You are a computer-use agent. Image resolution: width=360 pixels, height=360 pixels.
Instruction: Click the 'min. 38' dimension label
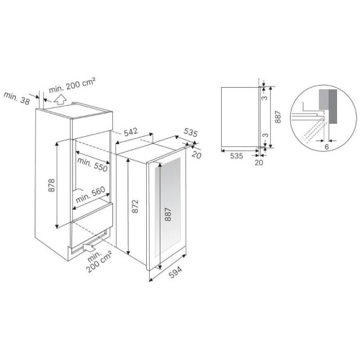click(x=17, y=98)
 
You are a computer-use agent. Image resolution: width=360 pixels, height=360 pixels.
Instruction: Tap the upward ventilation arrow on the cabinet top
click(x=60, y=99)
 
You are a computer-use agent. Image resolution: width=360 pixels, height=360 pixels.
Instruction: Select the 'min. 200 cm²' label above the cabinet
click(x=72, y=85)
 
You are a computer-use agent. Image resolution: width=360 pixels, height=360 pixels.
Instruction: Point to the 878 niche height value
click(x=52, y=185)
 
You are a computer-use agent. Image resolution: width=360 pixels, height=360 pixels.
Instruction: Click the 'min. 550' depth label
click(x=92, y=165)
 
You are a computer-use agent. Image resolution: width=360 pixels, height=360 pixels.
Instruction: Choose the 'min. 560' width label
click(x=91, y=194)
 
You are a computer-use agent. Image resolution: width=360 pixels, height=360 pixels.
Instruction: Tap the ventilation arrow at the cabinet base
click(x=88, y=248)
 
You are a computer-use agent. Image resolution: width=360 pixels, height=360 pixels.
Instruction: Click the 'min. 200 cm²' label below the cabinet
click(x=99, y=261)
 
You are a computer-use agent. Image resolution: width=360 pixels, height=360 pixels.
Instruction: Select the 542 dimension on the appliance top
click(x=130, y=132)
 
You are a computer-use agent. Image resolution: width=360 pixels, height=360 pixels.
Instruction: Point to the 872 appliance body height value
click(x=135, y=206)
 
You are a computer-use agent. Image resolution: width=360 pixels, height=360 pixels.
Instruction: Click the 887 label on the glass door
click(x=168, y=215)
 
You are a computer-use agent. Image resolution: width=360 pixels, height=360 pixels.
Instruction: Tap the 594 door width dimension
click(x=175, y=272)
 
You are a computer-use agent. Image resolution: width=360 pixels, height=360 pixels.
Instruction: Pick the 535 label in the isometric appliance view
click(x=191, y=132)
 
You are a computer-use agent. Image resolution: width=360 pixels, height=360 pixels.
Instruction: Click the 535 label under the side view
click(x=236, y=156)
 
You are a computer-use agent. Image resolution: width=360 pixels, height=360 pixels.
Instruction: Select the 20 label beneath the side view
click(x=258, y=163)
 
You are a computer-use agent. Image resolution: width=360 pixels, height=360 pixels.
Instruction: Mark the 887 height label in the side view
click(x=278, y=117)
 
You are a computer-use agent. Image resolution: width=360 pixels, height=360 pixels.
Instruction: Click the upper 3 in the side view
click(x=264, y=98)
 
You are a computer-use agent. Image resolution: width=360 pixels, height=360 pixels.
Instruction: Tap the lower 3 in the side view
click(x=265, y=135)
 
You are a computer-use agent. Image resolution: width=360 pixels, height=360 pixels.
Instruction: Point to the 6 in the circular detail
click(x=327, y=147)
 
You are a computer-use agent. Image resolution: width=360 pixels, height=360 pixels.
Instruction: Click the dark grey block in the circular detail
click(x=333, y=107)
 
